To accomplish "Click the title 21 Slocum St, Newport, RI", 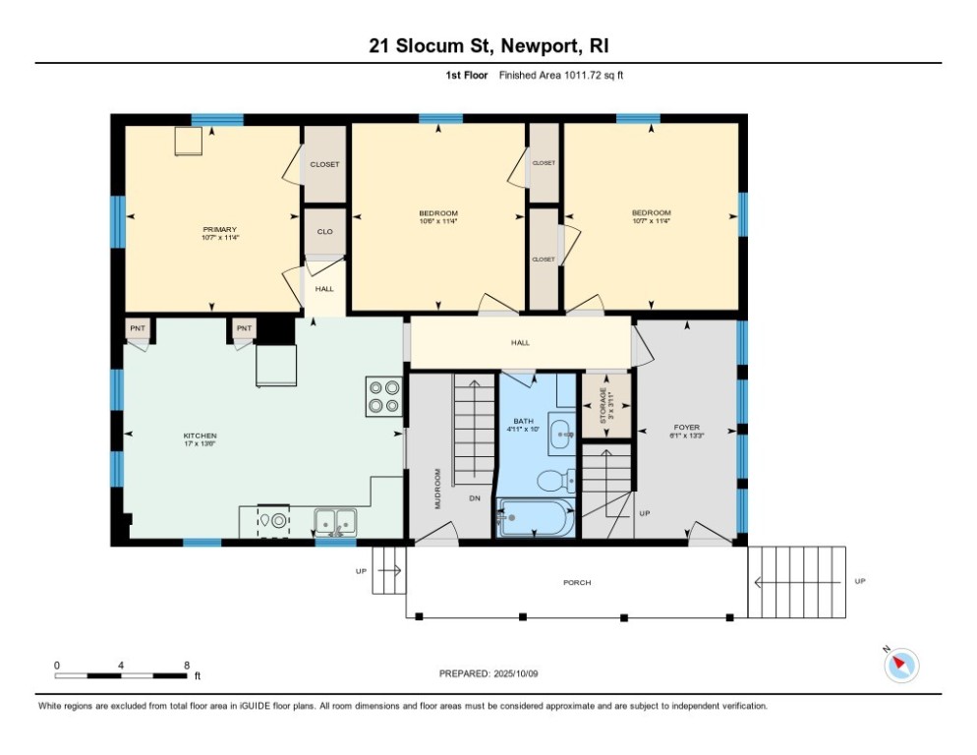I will [x=488, y=45].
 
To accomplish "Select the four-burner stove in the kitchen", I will [x=383, y=395].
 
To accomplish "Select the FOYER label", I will [x=685, y=429].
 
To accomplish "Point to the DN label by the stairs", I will [x=474, y=498].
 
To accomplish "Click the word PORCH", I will [x=577, y=583].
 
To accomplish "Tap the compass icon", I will [x=900, y=666].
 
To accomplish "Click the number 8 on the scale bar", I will [x=187, y=666].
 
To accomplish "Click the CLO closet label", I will [x=324, y=232].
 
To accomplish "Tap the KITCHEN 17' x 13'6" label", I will [x=200, y=439].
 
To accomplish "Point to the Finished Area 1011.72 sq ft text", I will [x=561, y=75].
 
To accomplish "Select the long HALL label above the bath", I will [x=520, y=343].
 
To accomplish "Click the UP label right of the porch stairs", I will [x=860, y=582].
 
